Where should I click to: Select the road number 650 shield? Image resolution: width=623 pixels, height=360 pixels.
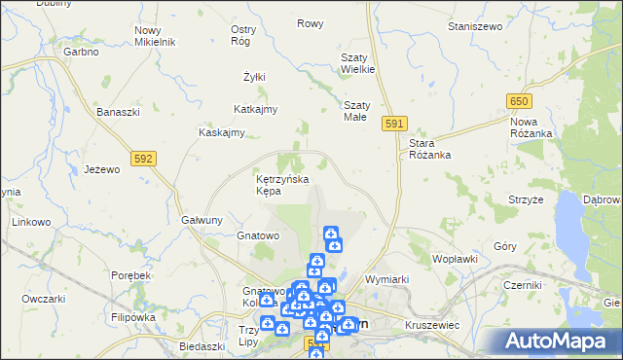pos(518,101)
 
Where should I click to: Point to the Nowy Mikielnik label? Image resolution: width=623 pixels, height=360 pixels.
pos(155,37)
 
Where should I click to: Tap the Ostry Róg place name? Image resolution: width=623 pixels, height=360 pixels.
pos(242,35)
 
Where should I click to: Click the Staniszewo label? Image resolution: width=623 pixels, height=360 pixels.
pos(473,25)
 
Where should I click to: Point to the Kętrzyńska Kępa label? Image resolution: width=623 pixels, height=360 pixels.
pos(282,185)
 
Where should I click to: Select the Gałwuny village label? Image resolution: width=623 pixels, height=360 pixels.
pos(204,220)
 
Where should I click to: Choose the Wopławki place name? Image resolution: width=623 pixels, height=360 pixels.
pos(455,260)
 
